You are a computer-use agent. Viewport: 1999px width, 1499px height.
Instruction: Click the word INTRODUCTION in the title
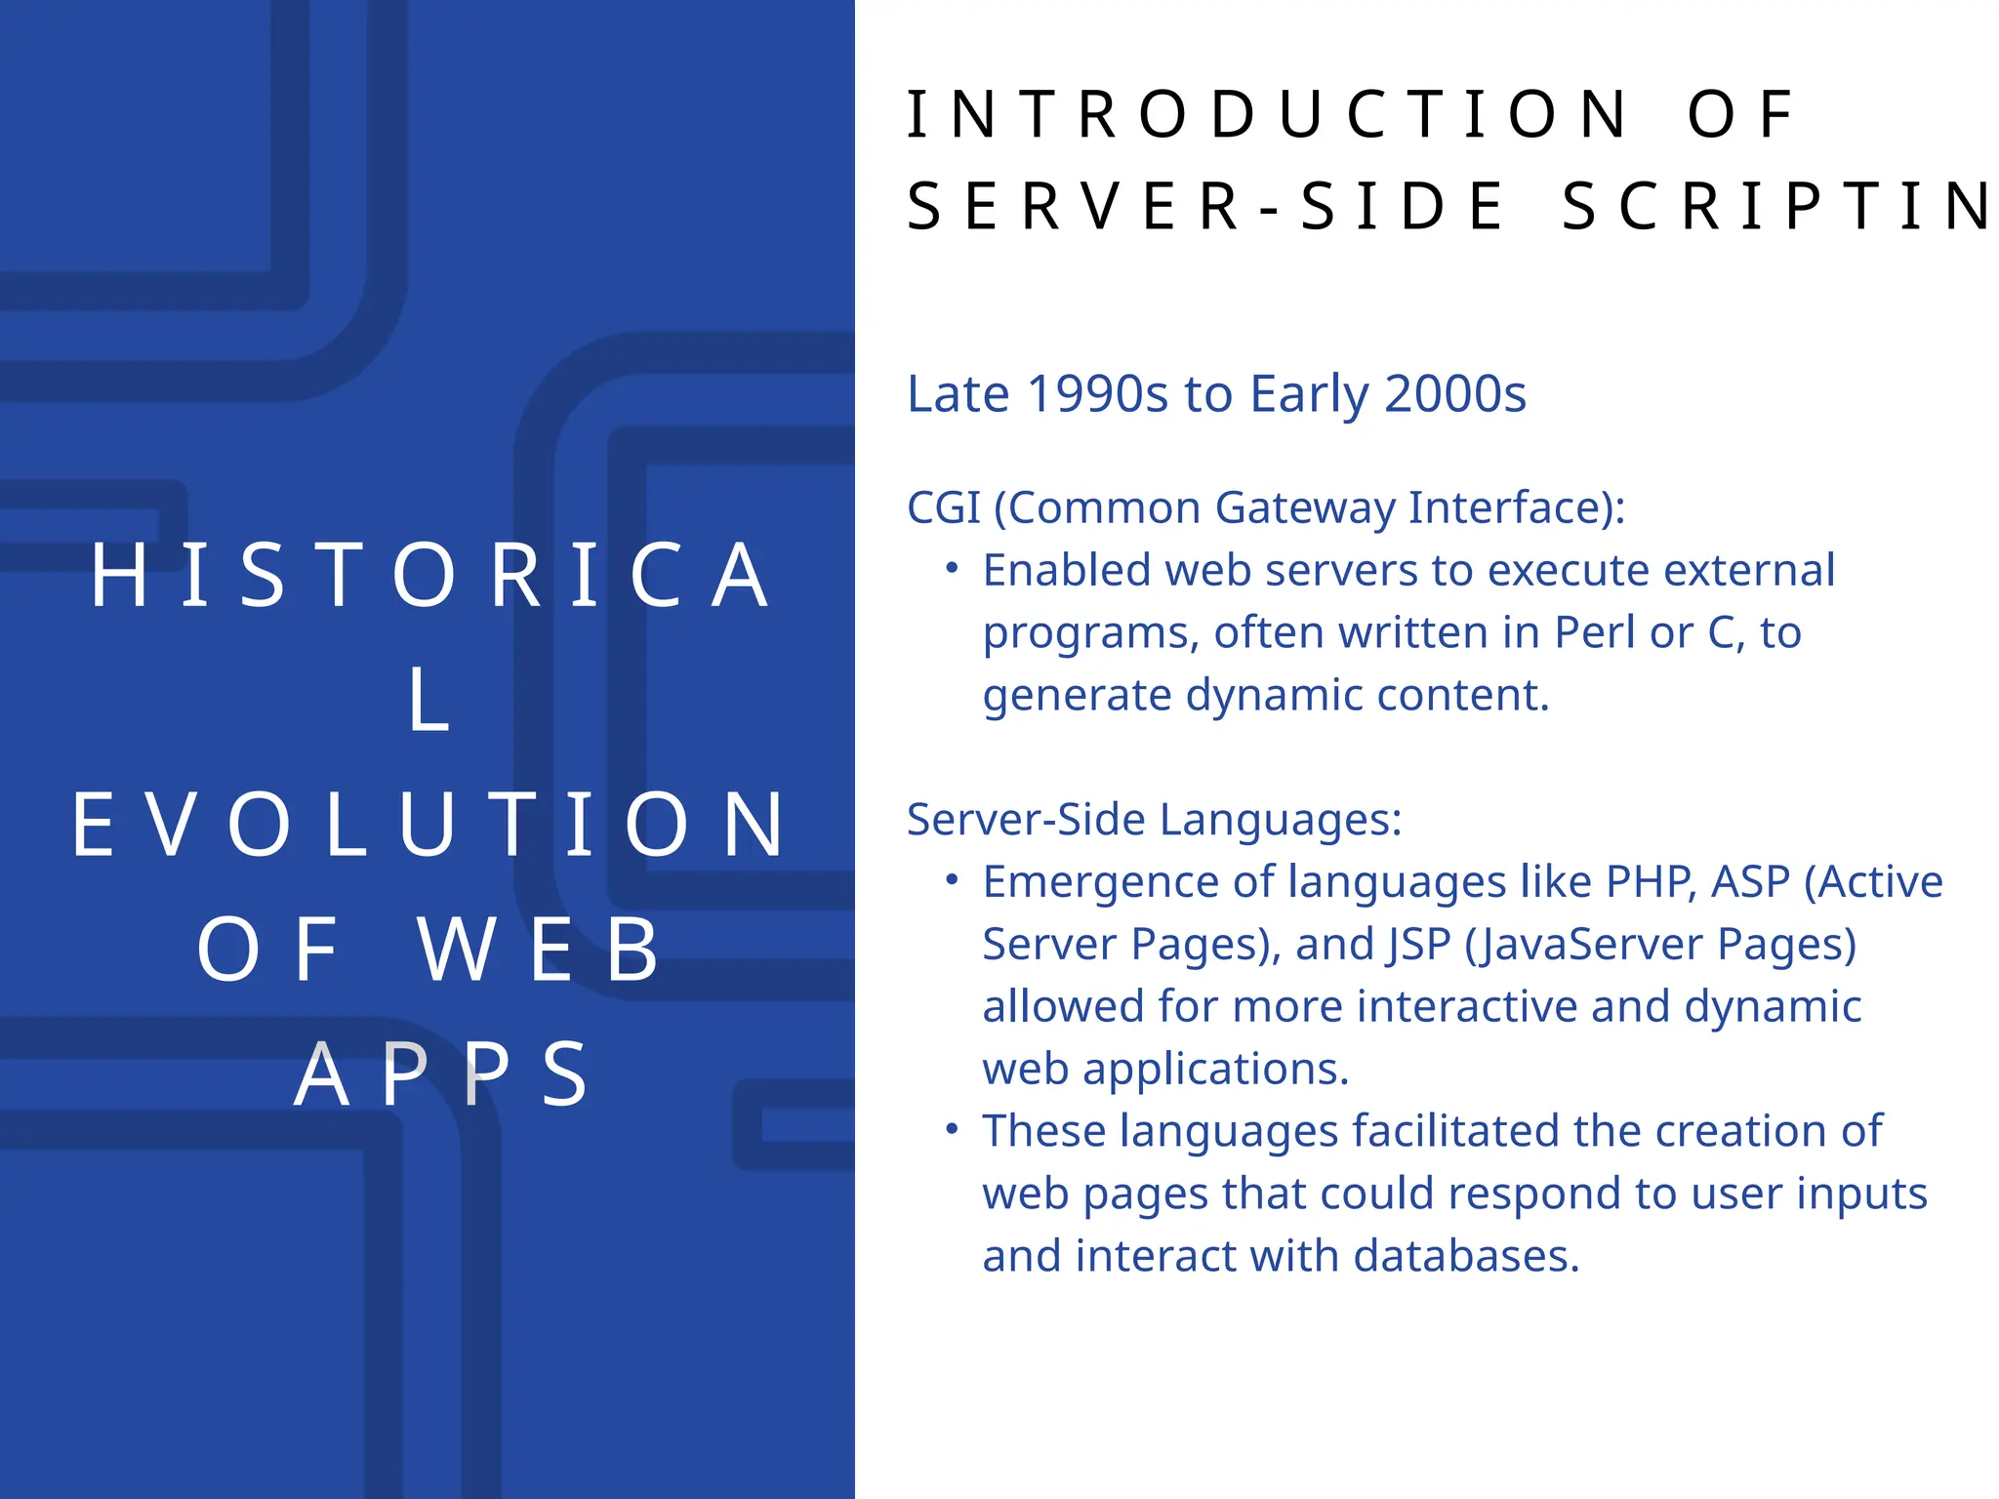tap(1265, 115)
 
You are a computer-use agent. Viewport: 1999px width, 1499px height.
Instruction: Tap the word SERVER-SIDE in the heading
tap(1206, 207)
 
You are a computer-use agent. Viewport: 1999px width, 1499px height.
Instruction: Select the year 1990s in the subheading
tap(1097, 394)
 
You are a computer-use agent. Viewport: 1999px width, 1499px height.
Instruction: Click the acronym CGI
tap(943, 507)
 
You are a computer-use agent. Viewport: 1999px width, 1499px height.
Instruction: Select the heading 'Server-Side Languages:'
tap(1154, 820)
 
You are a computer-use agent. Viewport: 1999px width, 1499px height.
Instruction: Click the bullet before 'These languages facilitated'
tap(953, 1129)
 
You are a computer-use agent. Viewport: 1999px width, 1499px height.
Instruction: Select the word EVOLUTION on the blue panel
tap(429, 826)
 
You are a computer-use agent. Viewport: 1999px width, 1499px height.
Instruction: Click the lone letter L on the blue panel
tap(429, 701)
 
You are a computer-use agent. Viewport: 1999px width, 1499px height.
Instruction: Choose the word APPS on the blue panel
tap(441, 1075)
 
